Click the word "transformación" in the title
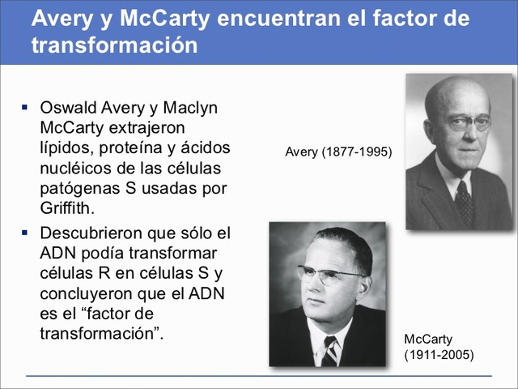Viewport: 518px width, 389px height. point(114,45)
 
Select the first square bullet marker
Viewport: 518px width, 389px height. point(24,107)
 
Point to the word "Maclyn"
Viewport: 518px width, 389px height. point(191,108)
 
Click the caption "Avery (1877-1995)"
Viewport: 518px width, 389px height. point(338,152)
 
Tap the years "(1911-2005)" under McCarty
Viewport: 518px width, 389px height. point(438,355)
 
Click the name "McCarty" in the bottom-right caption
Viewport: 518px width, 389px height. point(428,339)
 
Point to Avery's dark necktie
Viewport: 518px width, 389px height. point(464,202)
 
